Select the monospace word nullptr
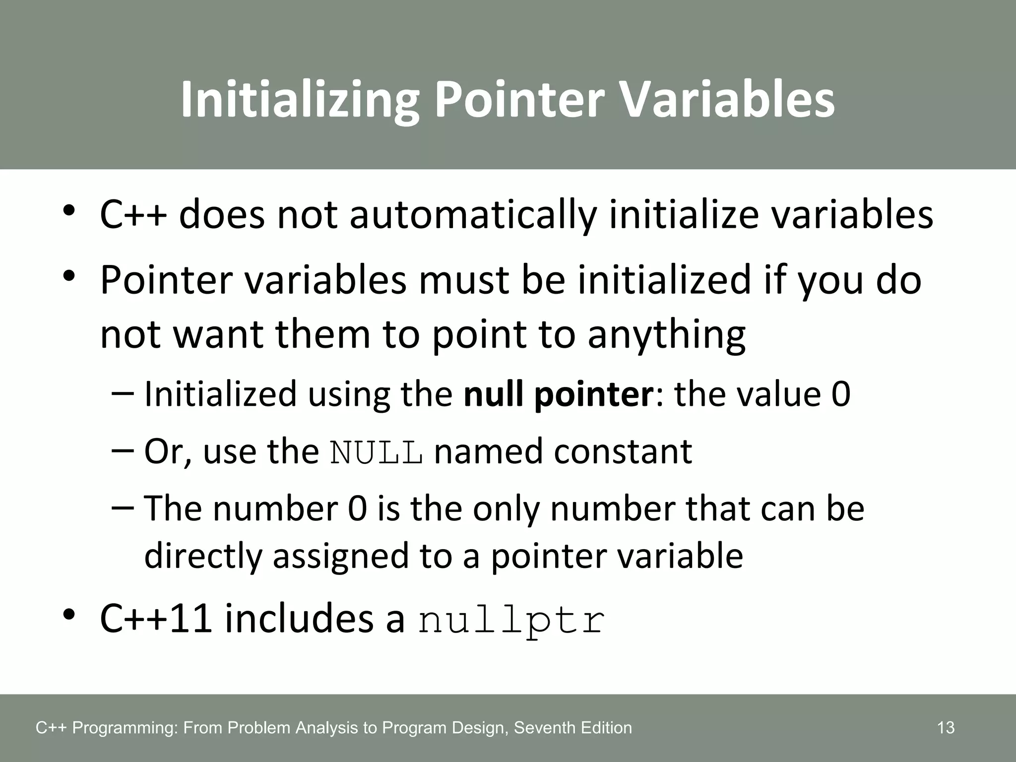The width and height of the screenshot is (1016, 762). click(511, 621)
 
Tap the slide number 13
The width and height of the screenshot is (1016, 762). click(946, 728)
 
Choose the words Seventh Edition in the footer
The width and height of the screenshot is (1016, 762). click(573, 728)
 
